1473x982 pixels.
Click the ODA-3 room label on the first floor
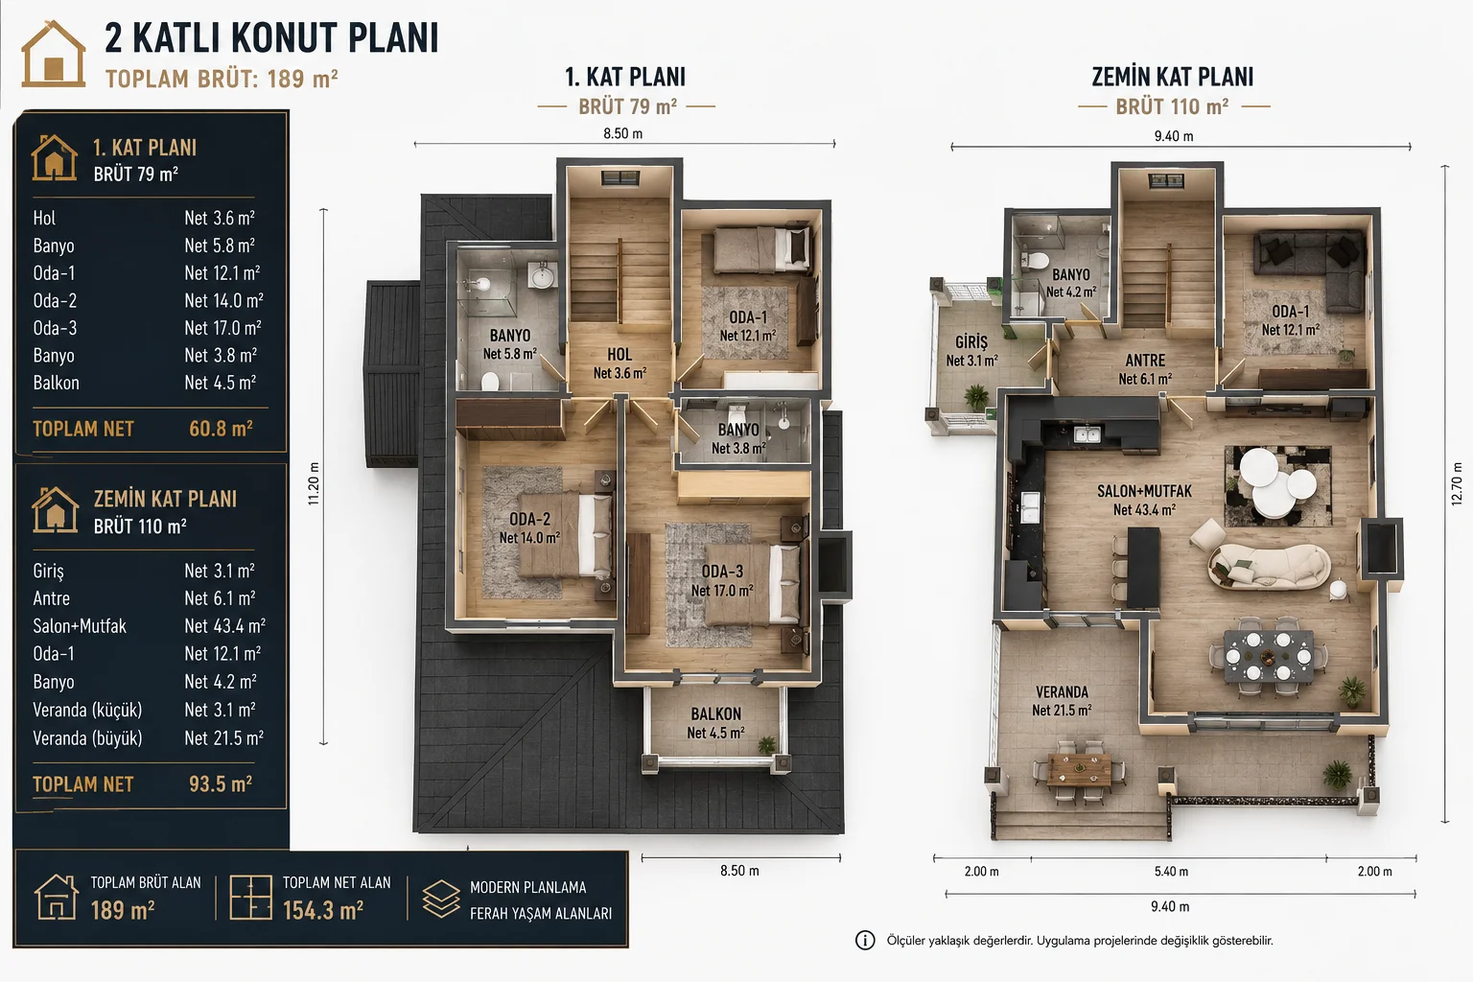(722, 572)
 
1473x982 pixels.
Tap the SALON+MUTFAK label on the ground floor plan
(1144, 491)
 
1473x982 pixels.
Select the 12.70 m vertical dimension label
(1457, 483)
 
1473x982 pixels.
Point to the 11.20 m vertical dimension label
(314, 483)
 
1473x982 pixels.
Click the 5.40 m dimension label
(1171, 872)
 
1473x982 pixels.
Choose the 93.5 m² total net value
(221, 784)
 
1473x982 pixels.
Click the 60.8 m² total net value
(221, 429)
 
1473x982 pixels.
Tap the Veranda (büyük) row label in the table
(87, 738)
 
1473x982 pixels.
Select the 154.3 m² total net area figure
(323, 910)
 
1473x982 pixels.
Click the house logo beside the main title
(54, 54)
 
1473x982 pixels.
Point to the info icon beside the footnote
(865, 941)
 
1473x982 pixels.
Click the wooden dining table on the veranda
(1079, 769)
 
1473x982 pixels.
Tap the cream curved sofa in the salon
(1269, 567)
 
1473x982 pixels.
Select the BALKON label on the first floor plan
(715, 714)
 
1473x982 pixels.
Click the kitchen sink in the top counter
(1087, 434)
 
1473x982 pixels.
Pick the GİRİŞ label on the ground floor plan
(971, 342)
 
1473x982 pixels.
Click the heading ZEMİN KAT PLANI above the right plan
(1173, 77)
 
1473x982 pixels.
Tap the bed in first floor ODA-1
(762, 249)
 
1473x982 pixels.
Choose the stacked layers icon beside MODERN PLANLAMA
(441, 899)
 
